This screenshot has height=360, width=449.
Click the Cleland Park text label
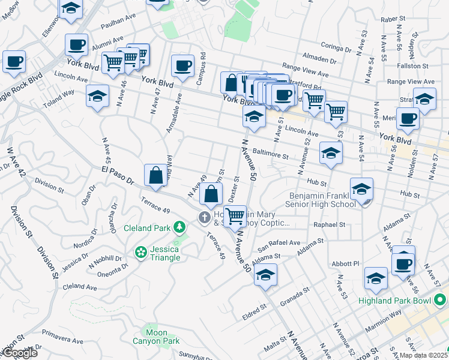pyautogui.click(x=146, y=228)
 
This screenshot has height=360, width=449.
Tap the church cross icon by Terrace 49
pyautogui.click(x=204, y=217)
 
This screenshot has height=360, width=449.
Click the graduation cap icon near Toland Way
pyautogui.click(x=98, y=96)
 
